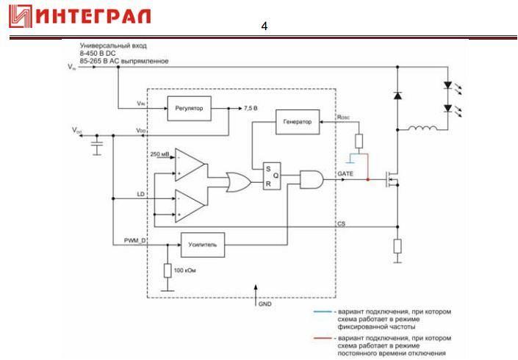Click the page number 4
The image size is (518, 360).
coord(265,27)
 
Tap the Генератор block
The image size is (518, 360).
coord(298,122)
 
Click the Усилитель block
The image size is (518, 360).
coord(202,242)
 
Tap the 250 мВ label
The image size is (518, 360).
coord(159,154)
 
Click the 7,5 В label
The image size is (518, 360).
coord(252,108)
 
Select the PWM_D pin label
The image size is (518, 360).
coord(135,239)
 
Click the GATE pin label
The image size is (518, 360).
coord(345,173)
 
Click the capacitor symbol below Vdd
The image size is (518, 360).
coord(96,148)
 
